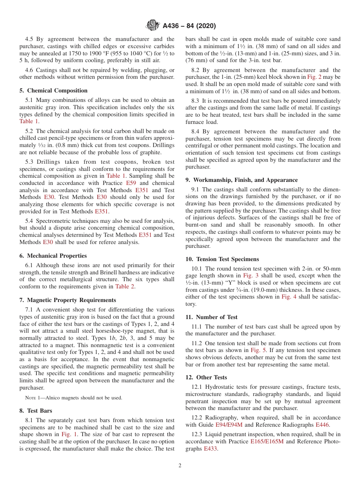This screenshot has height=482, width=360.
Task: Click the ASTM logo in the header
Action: [153, 26]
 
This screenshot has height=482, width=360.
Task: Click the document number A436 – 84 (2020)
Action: [189, 26]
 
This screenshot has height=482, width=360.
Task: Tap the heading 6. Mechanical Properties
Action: [53, 256]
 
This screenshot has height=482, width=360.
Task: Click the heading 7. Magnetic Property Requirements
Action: [68, 300]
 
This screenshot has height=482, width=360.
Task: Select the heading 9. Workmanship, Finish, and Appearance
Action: [241, 180]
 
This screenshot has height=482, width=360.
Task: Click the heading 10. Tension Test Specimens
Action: [222, 259]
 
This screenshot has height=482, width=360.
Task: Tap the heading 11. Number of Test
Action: [211, 317]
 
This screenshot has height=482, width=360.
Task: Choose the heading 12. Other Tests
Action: [206, 377]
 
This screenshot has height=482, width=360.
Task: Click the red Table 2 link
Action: [125, 286]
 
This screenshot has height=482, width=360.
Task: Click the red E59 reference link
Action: [131, 183]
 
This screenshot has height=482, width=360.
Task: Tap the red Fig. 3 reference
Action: [250, 275]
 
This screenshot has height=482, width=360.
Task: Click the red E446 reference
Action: [322, 424]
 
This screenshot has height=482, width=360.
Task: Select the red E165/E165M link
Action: [267, 441]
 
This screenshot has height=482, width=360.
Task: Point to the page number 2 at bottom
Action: [180, 466]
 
